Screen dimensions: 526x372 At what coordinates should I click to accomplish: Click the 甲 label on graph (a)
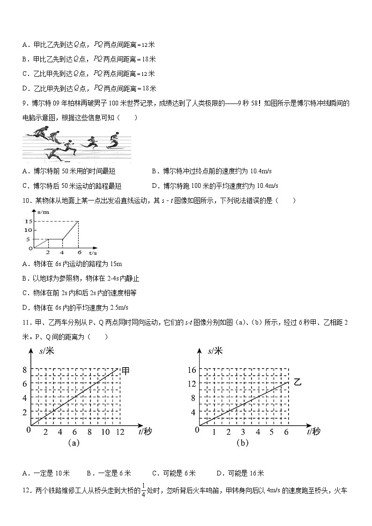[x=126, y=371]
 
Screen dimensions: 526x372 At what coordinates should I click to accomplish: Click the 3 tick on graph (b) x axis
[x=243, y=432]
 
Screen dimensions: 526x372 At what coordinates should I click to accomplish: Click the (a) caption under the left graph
[x=73, y=443]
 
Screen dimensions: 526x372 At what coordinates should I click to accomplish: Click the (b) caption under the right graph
[x=242, y=443]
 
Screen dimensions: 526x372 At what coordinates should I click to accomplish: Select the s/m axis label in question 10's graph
[x=43, y=212]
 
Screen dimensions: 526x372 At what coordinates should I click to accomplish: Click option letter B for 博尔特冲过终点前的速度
[x=154, y=171]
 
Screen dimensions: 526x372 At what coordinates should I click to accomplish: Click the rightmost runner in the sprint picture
[x=113, y=139]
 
